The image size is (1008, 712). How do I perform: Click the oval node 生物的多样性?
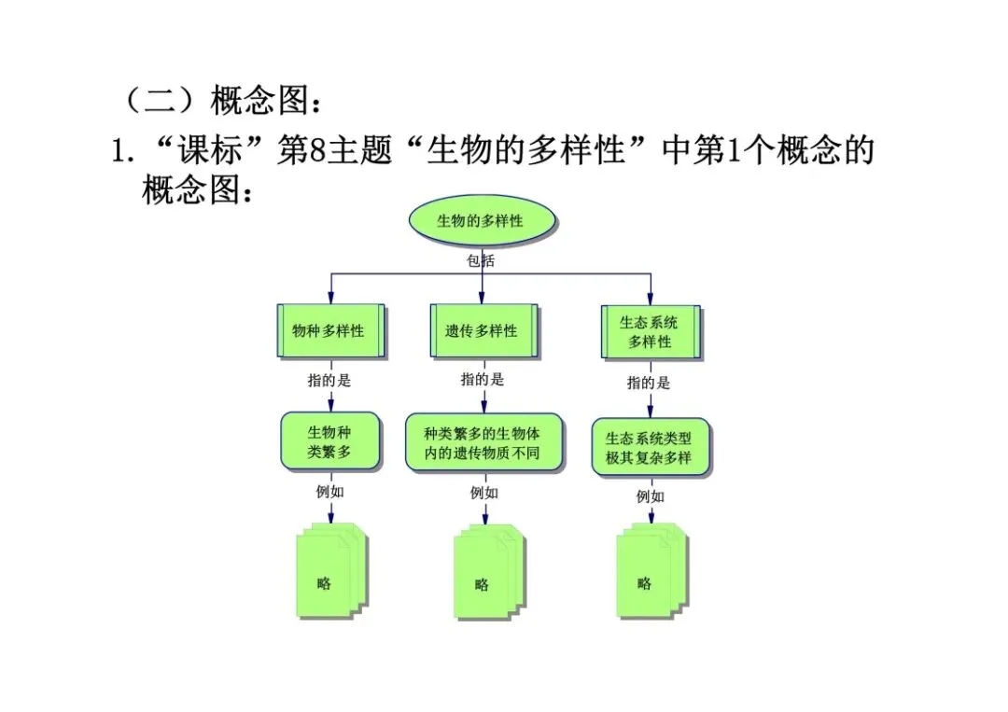483,220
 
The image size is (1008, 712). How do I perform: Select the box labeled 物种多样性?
331,330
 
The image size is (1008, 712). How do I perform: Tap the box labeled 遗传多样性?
483,330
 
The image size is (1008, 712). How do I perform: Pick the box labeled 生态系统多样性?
651,331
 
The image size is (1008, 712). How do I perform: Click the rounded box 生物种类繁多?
330,441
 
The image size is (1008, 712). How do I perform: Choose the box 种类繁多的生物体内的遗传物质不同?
484,442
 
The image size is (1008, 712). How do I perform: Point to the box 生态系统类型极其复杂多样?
651,447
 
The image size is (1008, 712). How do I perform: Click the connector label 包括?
481,260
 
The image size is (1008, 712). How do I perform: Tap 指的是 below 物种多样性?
329,381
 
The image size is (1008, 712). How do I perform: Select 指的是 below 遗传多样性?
483,380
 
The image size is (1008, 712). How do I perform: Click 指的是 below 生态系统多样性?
649,383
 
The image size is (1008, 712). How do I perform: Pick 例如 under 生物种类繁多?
329,492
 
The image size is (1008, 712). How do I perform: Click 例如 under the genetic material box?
484,493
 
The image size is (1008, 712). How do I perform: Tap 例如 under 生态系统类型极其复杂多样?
651,496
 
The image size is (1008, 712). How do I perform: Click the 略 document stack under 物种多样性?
331,571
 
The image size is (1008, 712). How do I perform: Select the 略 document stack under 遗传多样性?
489,573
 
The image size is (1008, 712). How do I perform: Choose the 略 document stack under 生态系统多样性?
652,571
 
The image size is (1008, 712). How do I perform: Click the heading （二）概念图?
222,100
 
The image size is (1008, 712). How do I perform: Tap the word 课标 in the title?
210,149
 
